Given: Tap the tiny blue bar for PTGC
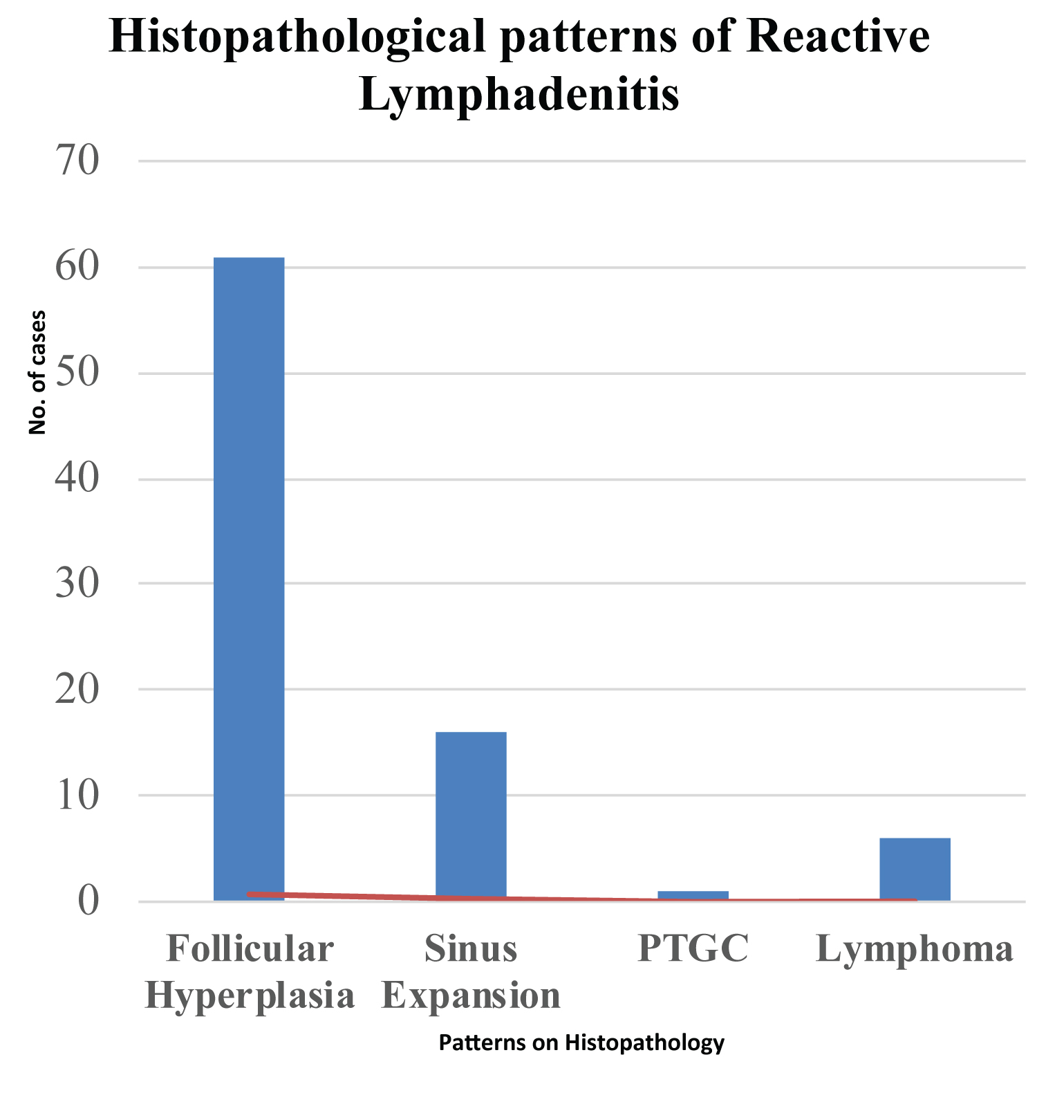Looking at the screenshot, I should click(x=693, y=894).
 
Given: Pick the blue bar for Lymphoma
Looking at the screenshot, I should click(x=915, y=868).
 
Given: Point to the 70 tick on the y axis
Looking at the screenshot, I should click(x=77, y=160).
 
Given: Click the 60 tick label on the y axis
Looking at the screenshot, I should click(x=77, y=267).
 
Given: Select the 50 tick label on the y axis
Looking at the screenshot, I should click(x=77, y=374).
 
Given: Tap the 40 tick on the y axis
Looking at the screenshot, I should click(x=77, y=479).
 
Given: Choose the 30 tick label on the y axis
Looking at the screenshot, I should click(x=77, y=584).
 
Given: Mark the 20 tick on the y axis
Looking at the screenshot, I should click(x=77, y=690).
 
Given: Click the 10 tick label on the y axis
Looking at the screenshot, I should click(x=77, y=796).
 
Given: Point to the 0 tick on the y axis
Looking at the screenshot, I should click(x=88, y=901).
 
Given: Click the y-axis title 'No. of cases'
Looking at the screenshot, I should click(x=37, y=372).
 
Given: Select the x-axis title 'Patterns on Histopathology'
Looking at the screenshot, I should click(x=581, y=1043).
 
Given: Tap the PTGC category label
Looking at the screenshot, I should click(x=693, y=948).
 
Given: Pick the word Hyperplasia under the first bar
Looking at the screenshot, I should click(x=250, y=996).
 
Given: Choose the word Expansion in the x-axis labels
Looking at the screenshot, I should click(x=471, y=996).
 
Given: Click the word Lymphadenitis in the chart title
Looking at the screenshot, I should click(x=519, y=93).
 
